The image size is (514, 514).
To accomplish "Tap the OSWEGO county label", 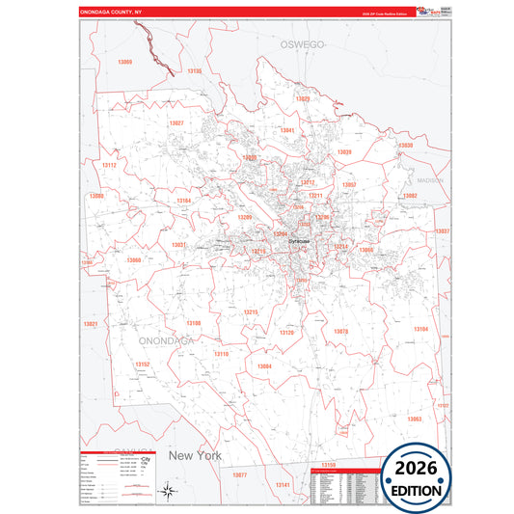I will (300, 45).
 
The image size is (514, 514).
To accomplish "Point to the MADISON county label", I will (429, 180).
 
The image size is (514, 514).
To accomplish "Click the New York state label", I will (195, 455).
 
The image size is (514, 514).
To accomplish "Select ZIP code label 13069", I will (125, 62).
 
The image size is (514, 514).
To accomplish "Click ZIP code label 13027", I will (176, 123).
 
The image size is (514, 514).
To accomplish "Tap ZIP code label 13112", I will (108, 165).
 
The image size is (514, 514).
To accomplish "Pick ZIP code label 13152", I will (142, 365).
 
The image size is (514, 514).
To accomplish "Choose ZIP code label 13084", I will (264, 366).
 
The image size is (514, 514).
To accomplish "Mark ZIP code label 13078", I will (340, 331).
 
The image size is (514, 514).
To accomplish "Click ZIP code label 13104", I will (420, 330).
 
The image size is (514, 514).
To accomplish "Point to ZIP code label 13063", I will (414, 419).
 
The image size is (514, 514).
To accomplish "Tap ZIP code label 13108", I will (194, 323).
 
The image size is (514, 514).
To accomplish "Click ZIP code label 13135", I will (195, 71).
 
